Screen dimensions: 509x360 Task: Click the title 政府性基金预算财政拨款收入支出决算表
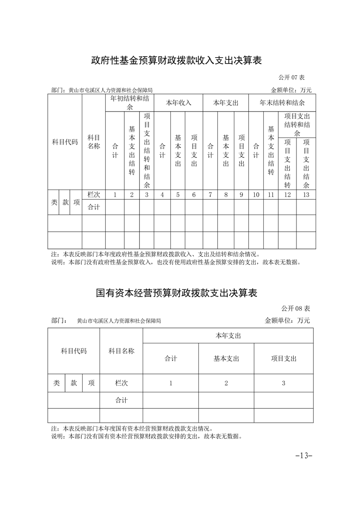(177, 61)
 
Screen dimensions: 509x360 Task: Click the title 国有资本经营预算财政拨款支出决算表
(177, 293)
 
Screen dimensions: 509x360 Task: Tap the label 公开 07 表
(295, 78)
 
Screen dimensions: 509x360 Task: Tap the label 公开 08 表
(295, 308)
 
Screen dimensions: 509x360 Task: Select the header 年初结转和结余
(129, 103)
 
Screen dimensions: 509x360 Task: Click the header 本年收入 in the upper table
(178, 103)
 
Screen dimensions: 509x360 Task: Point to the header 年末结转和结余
(282, 103)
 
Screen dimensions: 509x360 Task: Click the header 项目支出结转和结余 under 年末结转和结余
(297, 124)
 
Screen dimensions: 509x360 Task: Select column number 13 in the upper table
(306, 195)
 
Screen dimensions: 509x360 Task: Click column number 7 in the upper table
(210, 195)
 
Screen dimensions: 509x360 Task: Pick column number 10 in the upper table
(256, 195)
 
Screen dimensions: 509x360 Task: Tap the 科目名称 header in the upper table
(94, 142)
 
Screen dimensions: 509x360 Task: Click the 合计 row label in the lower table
(121, 400)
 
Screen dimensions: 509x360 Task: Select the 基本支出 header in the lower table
(226, 358)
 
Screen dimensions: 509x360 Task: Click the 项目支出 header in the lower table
(283, 358)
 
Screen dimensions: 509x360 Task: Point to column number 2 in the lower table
(226, 383)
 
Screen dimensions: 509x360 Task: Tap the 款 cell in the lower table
(74, 383)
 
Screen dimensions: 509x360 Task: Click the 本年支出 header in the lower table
(227, 336)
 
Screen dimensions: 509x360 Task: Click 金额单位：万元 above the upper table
(291, 90)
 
